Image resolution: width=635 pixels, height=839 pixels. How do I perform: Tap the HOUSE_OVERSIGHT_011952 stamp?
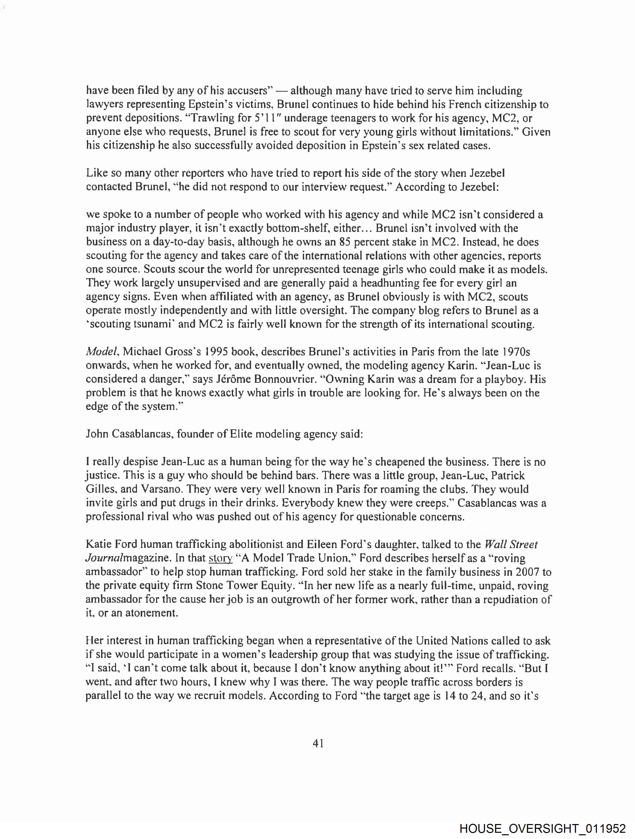pos(542,828)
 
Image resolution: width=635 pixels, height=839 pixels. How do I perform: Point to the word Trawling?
pos(211,118)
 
